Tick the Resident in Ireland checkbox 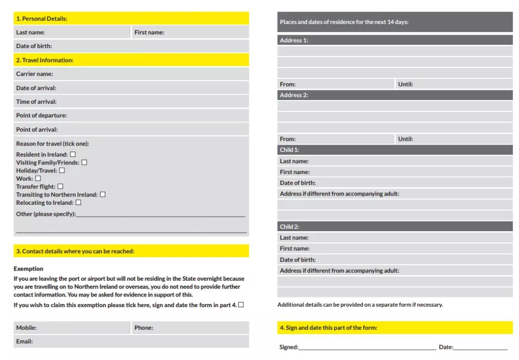point(73,154)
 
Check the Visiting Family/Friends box point(84,162)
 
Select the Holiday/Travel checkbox point(62,170)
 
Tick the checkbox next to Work point(38,178)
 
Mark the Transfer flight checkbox point(60,186)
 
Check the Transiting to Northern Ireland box point(102,194)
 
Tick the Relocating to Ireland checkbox point(78,202)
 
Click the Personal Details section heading point(42,19)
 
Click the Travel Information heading point(45,60)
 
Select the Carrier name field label point(35,74)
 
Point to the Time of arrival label point(37,102)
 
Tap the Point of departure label point(41,115)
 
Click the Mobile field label point(26,328)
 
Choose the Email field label point(25,341)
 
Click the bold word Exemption point(28,269)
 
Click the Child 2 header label point(289,226)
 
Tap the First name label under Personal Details point(149,33)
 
